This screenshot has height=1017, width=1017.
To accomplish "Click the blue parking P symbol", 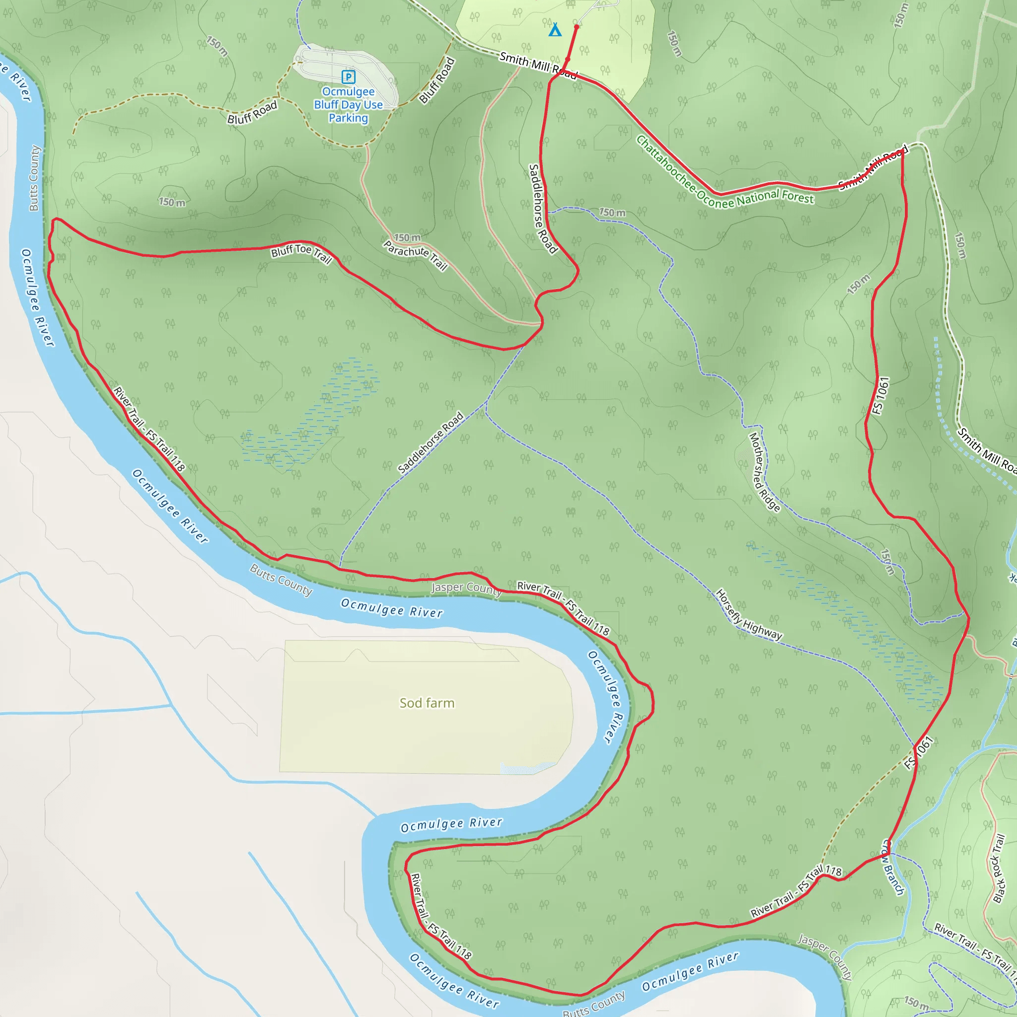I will pos(348,77).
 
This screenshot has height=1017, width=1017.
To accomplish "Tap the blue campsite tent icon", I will pos(555,30).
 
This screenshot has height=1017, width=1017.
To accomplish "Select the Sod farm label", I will pos(427,703).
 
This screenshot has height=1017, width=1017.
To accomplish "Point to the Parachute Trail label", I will pos(415,255).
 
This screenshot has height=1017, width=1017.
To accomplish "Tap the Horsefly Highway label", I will pos(748,615).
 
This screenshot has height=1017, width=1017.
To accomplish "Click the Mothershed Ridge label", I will pos(764,472).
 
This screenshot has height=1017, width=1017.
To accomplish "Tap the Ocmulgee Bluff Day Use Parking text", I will pos(348,105).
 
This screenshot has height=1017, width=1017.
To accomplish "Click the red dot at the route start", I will pos(577,26).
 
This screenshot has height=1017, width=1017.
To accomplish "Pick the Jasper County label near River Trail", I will pos(466,588).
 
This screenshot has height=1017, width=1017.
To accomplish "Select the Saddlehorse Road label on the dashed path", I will pos(431,442).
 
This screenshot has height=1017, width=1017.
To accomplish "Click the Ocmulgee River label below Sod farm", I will pos(452,824).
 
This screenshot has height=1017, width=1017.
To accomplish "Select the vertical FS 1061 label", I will pos(880,395).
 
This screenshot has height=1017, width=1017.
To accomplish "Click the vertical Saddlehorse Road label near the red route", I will pos(543,209).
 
